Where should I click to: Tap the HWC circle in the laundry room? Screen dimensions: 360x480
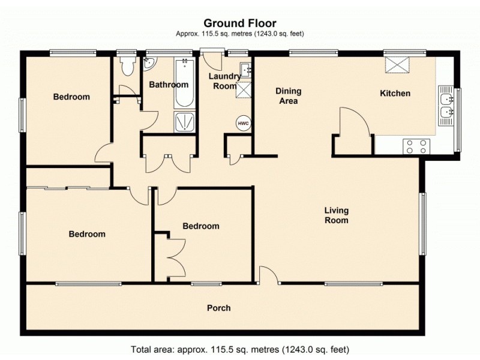(x=243, y=123)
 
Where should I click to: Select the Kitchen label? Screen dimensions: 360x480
(x=395, y=94)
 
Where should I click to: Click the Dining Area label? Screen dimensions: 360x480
(x=288, y=96)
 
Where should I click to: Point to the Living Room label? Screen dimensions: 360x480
(x=336, y=215)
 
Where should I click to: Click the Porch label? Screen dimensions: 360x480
(x=218, y=308)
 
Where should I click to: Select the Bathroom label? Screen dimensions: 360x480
(x=169, y=85)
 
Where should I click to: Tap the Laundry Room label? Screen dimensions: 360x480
(x=224, y=81)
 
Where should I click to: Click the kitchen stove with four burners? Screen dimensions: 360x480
(x=417, y=146)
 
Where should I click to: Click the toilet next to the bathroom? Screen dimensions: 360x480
(x=127, y=66)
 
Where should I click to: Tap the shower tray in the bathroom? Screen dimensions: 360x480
(x=184, y=122)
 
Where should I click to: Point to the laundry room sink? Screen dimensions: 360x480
(x=245, y=68)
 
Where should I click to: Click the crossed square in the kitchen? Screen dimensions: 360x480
(x=395, y=64)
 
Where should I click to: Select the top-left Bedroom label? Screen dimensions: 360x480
(x=71, y=97)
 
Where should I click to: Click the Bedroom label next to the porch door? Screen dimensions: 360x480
(x=201, y=226)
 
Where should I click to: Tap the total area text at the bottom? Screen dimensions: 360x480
(x=240, y=349)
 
